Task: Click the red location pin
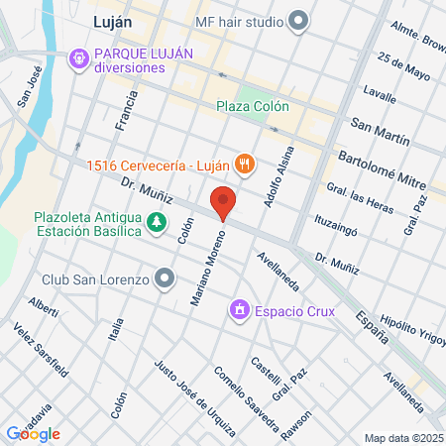point(224,201)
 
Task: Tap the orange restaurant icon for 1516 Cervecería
point(244,165)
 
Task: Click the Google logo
point(33,433)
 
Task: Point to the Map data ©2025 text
point(402,437)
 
